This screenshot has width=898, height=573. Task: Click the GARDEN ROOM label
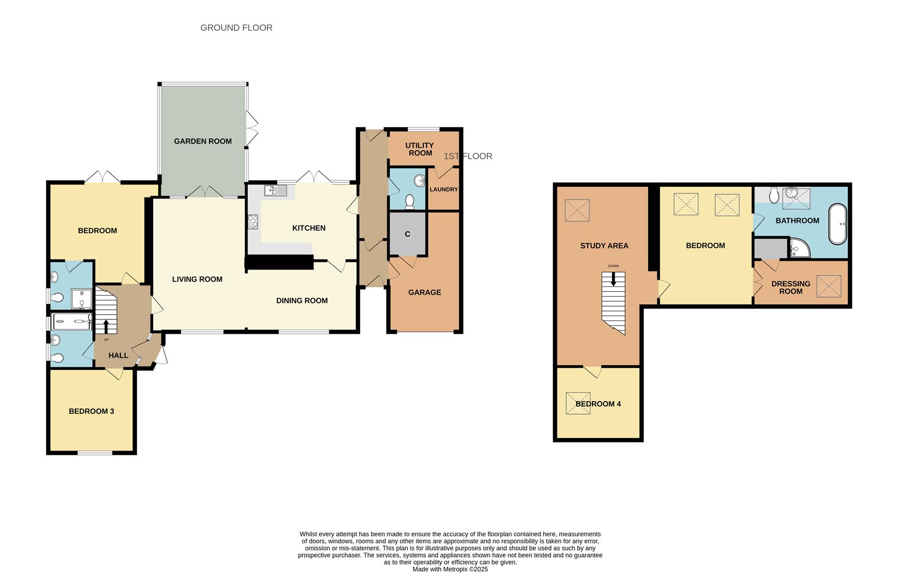(x=203, y=141)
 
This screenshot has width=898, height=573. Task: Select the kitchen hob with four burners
(x=252, y=221)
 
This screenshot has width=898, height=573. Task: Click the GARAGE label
(x=424, y=292)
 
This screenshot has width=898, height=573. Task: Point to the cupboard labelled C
(x=407, y=234)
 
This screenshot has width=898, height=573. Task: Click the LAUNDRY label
(x=443, y=189)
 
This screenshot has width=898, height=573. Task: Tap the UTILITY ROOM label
(x=420, y=149)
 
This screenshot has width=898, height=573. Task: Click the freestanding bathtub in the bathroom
(x=838, y=223)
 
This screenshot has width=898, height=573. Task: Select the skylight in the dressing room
(x=829, y=286)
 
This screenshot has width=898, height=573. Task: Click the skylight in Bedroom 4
(x=578, y=403)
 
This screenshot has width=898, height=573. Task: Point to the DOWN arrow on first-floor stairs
(x=614, y=279)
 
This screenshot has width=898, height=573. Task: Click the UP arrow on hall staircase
(x=106, y=326)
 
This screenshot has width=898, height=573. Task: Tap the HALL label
(x=118, y=355)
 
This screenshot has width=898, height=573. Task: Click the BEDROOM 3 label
(x=91, y=411)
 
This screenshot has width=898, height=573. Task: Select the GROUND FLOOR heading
(x=236, y=28)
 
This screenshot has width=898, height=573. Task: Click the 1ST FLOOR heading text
(x=468, y=156)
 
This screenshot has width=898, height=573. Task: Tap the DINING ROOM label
(x=302, y=301)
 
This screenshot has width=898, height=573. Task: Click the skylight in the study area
(x=577, y=210)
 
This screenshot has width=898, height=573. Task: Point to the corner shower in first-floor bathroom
(x=799, y=248)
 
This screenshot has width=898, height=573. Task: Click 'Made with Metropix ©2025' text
(x=450, y=569)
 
